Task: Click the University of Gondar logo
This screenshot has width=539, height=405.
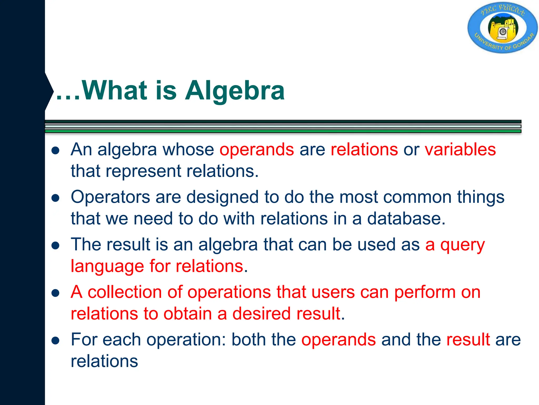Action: [502, 28]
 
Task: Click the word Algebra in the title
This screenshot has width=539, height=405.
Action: [234, 91]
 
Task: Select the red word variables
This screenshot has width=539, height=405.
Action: [460, 150]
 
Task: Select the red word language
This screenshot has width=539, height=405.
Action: [107, 267]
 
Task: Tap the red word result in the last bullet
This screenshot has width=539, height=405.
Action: [468, 340]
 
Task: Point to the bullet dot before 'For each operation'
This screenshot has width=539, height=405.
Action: [56, 340]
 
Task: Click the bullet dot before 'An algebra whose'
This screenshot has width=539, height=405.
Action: [56, 151]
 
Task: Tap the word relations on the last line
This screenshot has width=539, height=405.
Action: [104, 361]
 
